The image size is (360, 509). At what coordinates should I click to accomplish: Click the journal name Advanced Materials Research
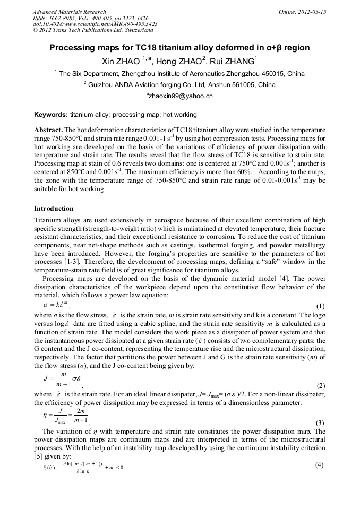69,12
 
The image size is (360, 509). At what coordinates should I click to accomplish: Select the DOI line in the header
95,24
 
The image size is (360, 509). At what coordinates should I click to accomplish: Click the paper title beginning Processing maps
179,48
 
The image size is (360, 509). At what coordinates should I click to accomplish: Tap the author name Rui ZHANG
234,61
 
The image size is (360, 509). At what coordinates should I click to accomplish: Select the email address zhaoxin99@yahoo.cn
180,96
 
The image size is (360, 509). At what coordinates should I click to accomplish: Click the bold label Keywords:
50,115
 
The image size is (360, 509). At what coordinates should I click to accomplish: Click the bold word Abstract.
48,130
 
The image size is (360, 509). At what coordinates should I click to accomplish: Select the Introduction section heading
54,209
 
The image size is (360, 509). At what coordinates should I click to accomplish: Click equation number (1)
320,306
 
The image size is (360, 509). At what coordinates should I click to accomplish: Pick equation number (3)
320,423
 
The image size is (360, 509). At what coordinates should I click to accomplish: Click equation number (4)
320,464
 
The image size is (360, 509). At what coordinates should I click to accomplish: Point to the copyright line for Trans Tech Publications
93,30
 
